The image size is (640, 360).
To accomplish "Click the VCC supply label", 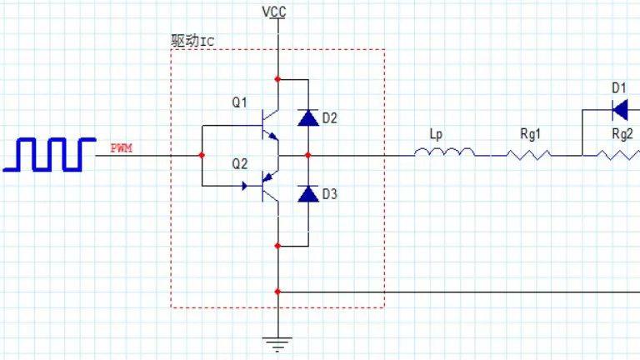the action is point(274,12).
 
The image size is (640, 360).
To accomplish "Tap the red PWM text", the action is point(121,147).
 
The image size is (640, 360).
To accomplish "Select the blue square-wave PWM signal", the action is point(49,154).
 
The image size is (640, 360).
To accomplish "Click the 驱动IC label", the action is point(192,41).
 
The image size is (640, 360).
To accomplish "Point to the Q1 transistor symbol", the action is point(270,125).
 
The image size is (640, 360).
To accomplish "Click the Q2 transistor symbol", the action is point(270,186).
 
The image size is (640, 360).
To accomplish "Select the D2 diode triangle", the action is point(308,117).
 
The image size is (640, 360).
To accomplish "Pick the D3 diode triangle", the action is point(308,194).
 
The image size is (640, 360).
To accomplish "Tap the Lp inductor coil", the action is point(444,152).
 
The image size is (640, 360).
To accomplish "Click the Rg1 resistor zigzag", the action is point(528,154).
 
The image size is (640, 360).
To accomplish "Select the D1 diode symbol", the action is point(620,110).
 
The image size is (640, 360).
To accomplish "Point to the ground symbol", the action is point(277,344).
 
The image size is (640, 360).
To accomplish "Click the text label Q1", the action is point(240,102).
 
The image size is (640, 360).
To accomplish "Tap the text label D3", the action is point(330,194).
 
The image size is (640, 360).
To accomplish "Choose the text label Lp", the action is point(436,134).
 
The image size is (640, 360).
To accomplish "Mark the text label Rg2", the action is point(622,133).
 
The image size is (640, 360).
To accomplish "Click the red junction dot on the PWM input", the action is point(202,155).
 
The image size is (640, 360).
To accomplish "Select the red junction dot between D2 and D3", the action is point(308,155).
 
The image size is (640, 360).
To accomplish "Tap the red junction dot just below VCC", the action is point(277,79).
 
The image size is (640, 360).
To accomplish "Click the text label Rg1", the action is point(530,133).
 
